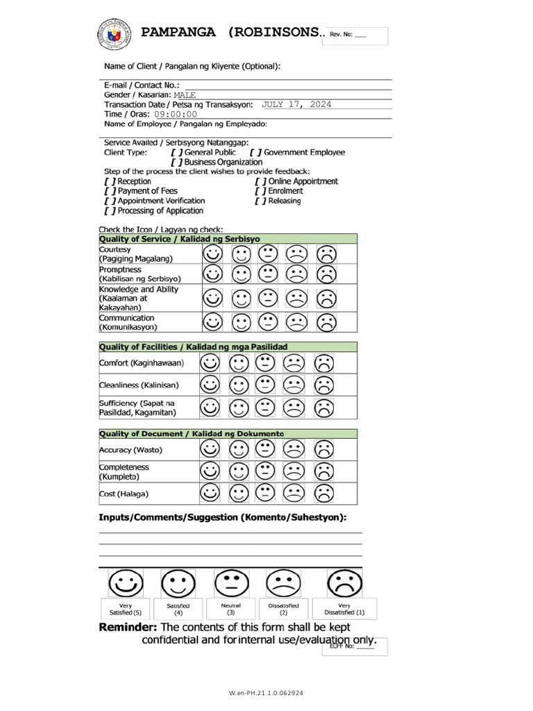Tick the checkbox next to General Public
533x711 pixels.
point(177,152)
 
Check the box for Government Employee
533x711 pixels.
point(256,152)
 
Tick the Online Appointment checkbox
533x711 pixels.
point(260,181)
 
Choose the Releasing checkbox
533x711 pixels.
point(260,201)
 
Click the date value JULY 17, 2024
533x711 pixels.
point(296,104)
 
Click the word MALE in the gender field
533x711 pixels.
point(185,94)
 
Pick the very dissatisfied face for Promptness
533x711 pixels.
point(326,274)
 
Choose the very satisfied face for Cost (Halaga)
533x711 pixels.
point(210,493)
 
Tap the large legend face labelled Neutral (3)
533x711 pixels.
point(231,583)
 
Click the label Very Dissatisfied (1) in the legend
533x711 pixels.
point(344,609)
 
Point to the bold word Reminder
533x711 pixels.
point(128,627)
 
